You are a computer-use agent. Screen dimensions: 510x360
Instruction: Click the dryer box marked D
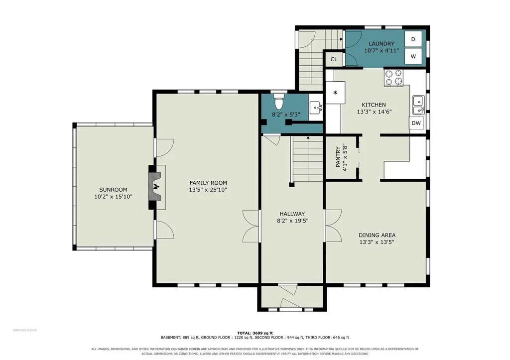click(413, 39)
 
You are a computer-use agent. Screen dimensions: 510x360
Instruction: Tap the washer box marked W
click(413, 56)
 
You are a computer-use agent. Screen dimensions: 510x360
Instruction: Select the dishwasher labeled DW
click(416, 123)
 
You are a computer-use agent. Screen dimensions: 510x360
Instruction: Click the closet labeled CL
click(334, 59)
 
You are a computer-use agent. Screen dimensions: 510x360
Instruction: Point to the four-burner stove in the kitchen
click(393, 78)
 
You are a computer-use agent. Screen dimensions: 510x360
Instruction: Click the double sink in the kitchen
click(418, 105)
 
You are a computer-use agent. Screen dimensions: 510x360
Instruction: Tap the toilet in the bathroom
click(279, 101)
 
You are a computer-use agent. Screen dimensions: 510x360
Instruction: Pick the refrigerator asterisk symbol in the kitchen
click(335, 93)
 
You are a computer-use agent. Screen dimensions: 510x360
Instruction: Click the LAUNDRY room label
click(381, 44)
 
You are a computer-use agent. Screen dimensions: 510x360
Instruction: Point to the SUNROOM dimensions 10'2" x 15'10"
click(113, 196)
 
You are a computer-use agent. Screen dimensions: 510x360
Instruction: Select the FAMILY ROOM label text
click(208, 183)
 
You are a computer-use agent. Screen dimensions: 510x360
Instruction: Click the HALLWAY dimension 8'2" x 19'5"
click(292, 221)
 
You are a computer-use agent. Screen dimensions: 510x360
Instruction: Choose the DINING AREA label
click(377, 235)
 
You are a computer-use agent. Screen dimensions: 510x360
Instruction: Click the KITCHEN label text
click(374, 105)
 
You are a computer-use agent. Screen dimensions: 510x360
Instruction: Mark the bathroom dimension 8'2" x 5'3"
click(286, 115)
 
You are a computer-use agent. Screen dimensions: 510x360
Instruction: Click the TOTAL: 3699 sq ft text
click(255, 333)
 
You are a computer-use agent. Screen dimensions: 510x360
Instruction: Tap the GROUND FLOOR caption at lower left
click(25, 330)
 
